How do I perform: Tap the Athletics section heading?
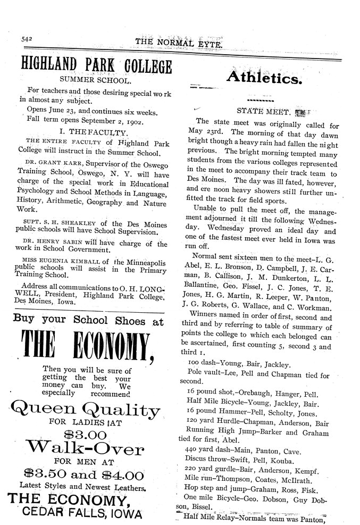(x=265, y=78)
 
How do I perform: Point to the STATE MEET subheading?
(x=263, y=112)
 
